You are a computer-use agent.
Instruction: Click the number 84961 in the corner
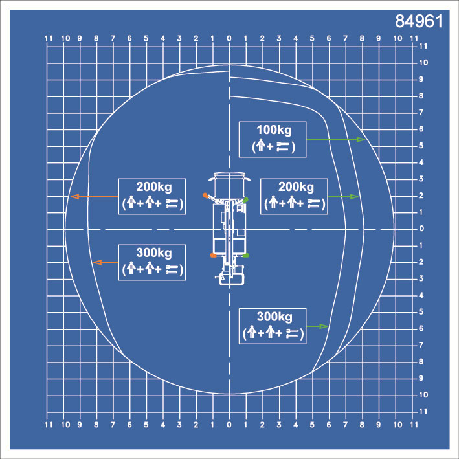[419, 21]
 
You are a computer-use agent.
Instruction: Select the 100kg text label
[274, 130]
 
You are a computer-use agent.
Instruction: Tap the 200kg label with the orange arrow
[154, 187]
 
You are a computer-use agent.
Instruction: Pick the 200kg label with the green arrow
[296, 187]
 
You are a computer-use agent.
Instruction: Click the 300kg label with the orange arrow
[154, 253]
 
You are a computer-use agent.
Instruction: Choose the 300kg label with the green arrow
[274, 317]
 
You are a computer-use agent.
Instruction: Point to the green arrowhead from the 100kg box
[361, 140]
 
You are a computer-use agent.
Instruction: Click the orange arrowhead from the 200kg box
[75, 196]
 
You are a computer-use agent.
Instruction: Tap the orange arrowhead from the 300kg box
[97, 262]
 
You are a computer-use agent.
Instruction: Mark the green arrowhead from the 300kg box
[324, 326]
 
